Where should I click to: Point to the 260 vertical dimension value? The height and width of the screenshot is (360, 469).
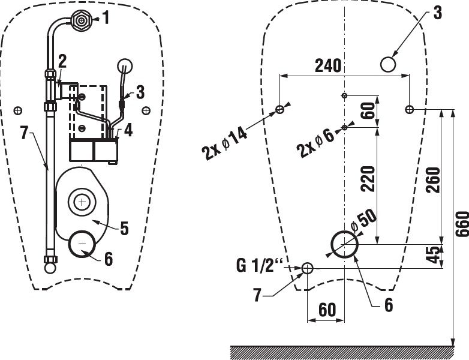click(x=433, y=180)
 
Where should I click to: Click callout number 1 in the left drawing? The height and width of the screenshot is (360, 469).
click(x=106, y=18)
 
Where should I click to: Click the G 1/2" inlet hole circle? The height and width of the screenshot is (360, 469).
click(x=307, y=268)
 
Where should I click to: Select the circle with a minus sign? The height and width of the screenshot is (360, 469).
click(x=82, y=244)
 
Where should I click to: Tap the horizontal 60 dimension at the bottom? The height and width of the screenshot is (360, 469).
click(x=326, y=310)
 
